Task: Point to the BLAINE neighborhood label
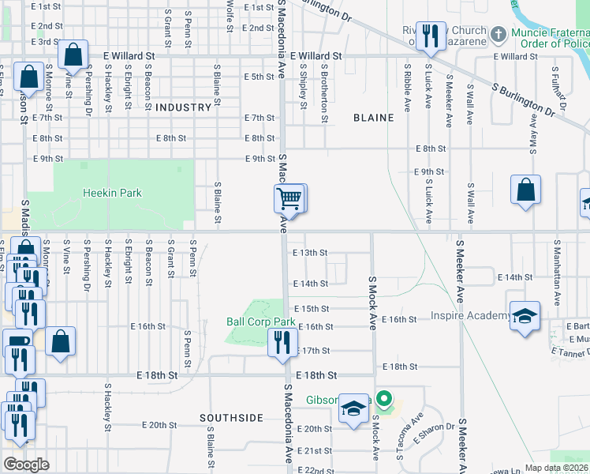click(x=373, y=118)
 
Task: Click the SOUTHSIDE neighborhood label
click(x=231, y=417)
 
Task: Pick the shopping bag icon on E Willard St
click(x=73, y=55)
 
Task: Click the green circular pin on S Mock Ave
click(x=384, y=399)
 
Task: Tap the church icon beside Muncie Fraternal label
click(x=498, y=34)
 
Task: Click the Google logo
click(x=27, y=464)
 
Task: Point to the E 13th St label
click(x=309, y=254)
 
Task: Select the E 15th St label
click(x=311, y=308)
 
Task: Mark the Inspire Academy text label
click(x=470, y=316)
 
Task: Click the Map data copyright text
click(x=556, y=468)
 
